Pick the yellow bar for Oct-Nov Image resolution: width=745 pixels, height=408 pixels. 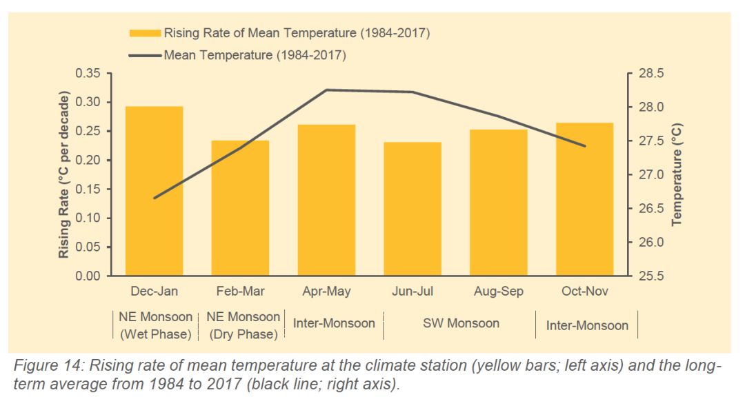[x=585, y=199]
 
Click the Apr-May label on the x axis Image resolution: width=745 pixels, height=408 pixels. [x=326, y=292]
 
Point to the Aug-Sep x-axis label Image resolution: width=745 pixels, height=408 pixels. [x=499, y=292]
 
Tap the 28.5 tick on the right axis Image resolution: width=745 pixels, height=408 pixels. [x=650, y=74]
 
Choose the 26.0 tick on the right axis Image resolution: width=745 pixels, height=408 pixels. [x=650, y=243]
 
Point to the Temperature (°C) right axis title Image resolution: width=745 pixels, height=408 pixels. [x=677, y=175]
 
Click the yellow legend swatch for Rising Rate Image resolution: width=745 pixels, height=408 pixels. [x=145, y=33]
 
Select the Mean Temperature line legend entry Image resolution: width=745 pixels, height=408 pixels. [x=255, y=55]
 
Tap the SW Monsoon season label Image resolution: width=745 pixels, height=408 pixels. [x=461, y=323]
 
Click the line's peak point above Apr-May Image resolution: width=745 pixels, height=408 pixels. [x=326, y=90]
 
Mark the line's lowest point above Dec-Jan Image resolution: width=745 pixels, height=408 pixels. [x=154, y=198]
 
